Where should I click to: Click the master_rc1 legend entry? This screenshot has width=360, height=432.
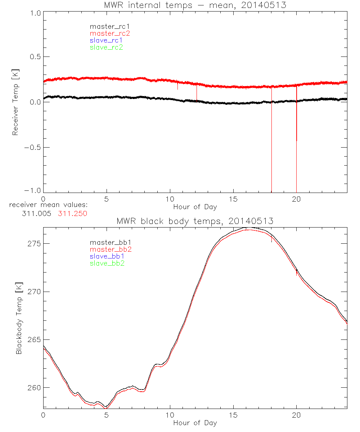point(106,26)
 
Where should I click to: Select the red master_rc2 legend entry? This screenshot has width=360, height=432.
point(110,33)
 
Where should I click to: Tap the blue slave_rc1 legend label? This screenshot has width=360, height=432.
point(106,40)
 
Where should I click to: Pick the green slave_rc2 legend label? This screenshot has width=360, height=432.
point(106,47)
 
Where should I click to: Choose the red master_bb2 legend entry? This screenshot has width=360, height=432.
point(108,249)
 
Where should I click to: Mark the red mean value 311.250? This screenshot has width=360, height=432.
point(72,213)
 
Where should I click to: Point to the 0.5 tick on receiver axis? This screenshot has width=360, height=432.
point(34,57)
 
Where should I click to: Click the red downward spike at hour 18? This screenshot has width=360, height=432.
point(271,144)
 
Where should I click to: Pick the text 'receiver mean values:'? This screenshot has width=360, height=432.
point(49,205)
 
